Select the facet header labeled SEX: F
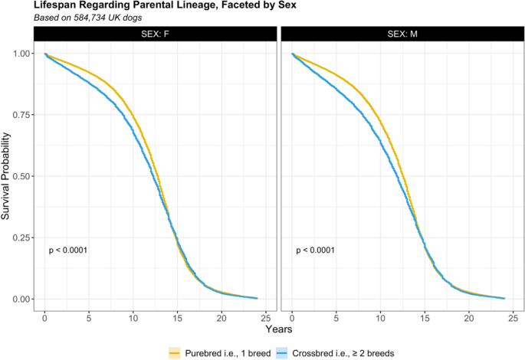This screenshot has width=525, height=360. coord(155,35)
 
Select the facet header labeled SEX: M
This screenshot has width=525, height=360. coord(402,35)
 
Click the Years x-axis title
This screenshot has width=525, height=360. coord(279,329)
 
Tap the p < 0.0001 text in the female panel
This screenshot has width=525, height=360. coord(69,250)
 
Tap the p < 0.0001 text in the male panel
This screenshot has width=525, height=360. coord(316,250)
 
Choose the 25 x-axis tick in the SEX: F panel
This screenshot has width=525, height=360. coord(265,317)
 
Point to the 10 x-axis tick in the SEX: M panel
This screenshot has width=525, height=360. coord(380,317)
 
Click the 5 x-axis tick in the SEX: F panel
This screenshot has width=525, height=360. coord(89,317)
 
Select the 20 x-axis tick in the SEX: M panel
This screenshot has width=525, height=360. coord(468,317)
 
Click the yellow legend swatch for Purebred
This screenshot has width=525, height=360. coord(176,352)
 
